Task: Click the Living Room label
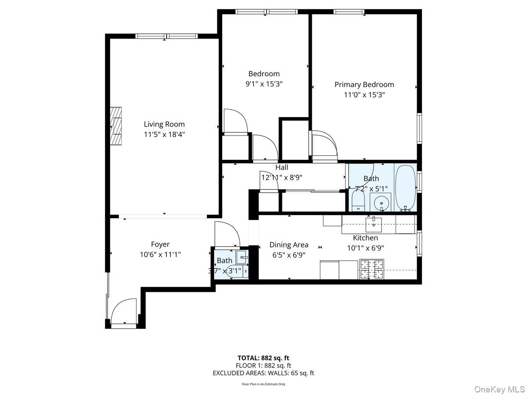164,124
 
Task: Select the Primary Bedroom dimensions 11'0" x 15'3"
364,95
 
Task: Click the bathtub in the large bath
405,187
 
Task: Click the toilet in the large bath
358,203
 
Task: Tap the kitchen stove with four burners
371,269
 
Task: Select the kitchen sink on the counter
374,224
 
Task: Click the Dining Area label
289,245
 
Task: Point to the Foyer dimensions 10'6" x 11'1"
160,254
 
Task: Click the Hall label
282,167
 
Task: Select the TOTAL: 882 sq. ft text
263,358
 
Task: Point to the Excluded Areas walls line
263,373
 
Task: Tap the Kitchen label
365,238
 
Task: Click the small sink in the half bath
242,257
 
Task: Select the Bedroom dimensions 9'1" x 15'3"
263,84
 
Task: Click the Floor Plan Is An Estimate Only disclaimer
263,384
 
